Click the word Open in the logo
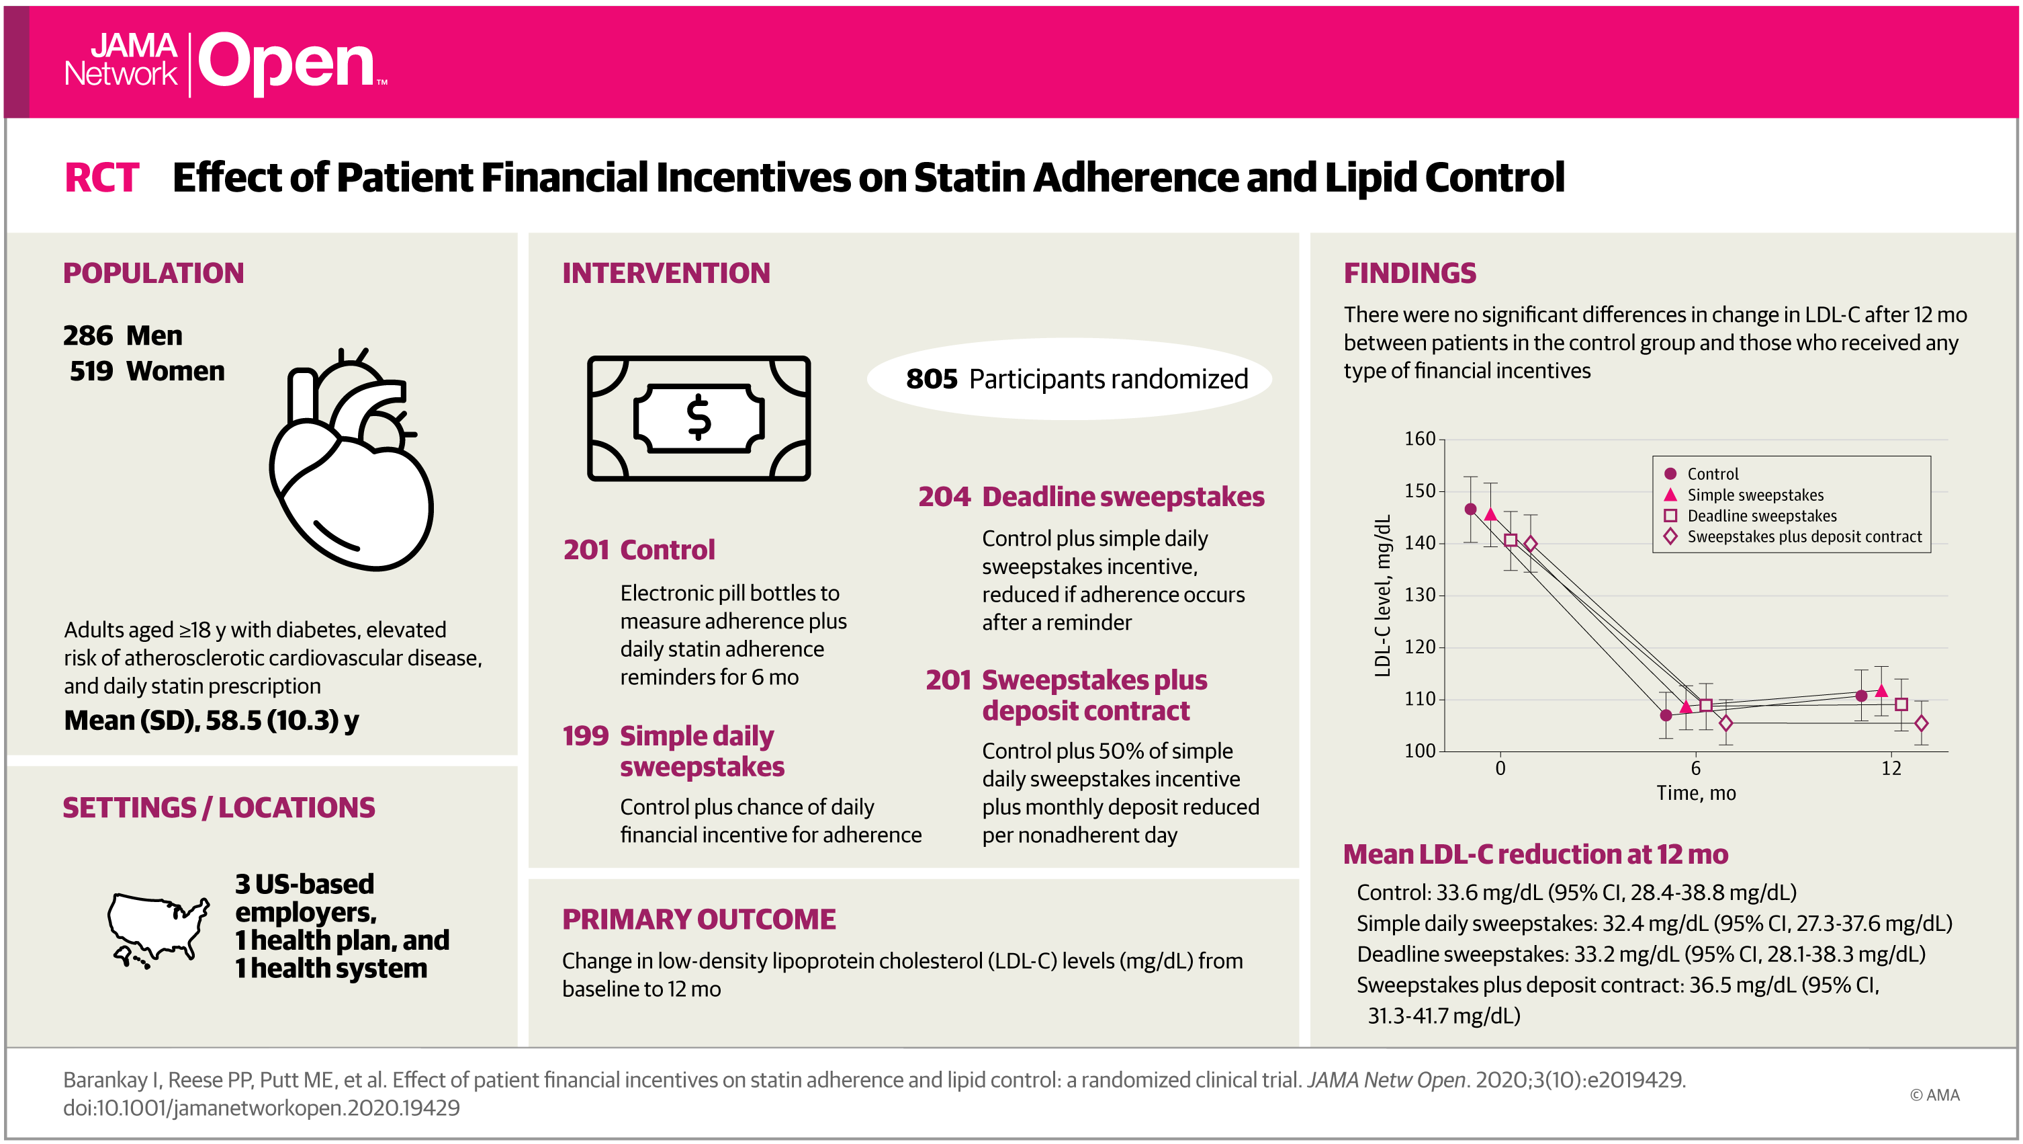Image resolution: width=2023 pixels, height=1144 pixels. click(x=287, y=63)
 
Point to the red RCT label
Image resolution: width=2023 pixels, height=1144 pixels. click(x=101, y=177)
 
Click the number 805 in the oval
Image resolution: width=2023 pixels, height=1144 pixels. click(x=932, y=378)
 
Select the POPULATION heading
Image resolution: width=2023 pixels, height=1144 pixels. click(x=153, y=273)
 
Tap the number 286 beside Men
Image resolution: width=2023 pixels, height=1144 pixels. click(x=88, y=335)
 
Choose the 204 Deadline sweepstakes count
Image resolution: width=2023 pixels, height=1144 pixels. click(x=945, y=497)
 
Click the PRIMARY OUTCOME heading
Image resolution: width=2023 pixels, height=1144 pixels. click(x=698, y=920)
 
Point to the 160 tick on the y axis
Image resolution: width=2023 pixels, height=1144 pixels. click(x=1419, y=438)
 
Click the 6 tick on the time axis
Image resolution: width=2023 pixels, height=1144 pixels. click(x=1695, y=768)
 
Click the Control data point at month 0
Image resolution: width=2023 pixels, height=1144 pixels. click(x=1470, y=509)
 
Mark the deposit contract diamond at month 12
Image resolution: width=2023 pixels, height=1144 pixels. click(x=1921, y=724)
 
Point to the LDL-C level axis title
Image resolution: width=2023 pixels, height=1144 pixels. click(x=1382, y=595)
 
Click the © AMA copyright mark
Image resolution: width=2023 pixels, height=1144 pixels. click(x=1934, y=1094)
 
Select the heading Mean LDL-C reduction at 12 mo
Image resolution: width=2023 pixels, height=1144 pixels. click(x=1535, y=854)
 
